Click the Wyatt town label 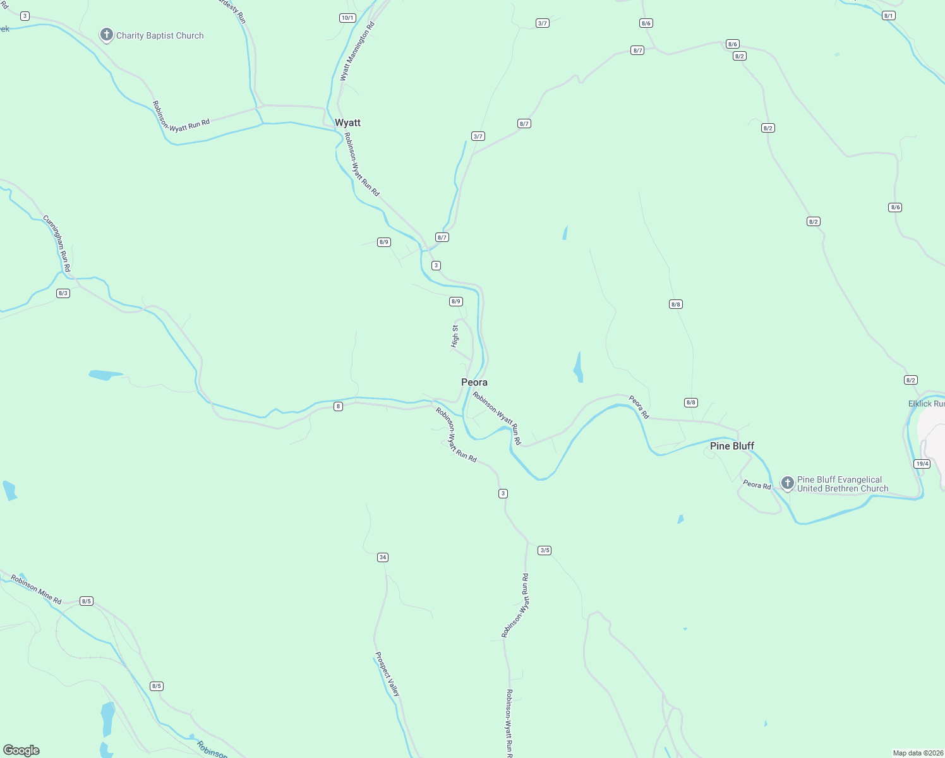347,123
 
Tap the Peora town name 474,382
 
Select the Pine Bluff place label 731,446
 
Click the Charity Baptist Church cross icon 107,35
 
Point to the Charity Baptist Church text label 160,36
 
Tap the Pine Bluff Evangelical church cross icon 787,483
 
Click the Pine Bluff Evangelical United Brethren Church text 842,484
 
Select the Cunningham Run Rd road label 57,244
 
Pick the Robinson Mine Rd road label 36,590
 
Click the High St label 455,336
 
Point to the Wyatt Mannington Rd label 357,51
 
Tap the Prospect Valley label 387,674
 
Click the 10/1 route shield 347,18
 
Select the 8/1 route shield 888,16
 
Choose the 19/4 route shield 922,464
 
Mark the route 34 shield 382,557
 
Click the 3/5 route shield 545,550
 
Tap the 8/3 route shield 63,293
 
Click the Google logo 21,750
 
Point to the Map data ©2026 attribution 918,753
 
